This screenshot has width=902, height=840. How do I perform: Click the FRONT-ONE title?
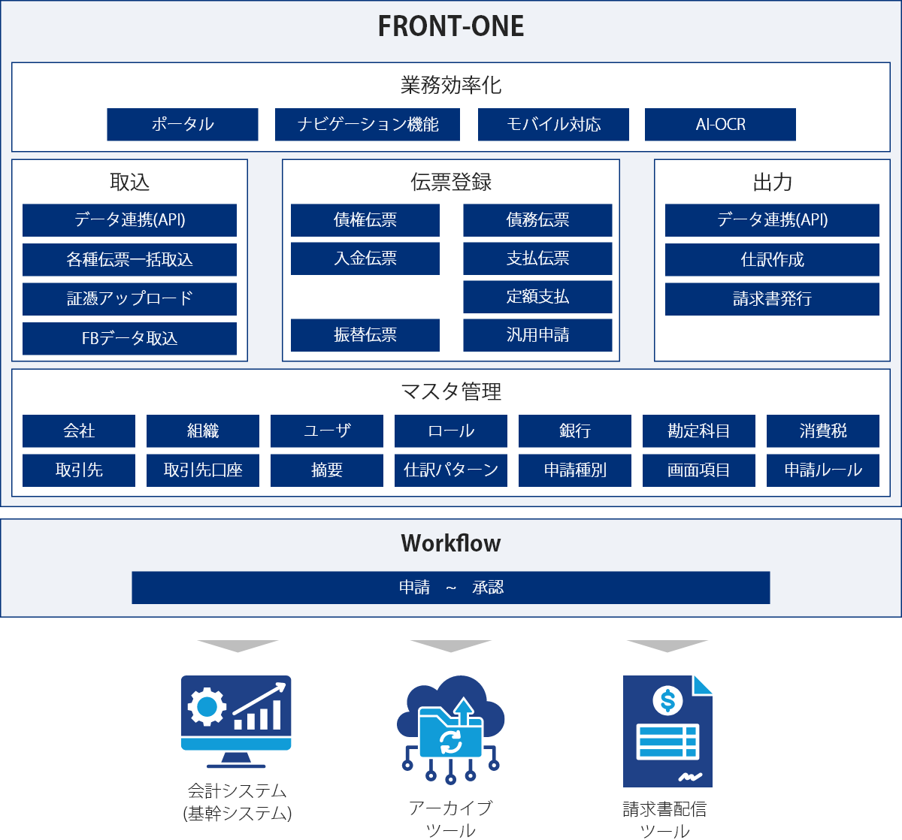450,26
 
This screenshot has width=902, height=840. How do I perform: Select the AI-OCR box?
720,125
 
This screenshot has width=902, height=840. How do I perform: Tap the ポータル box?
183,125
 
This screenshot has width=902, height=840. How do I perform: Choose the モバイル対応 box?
553,125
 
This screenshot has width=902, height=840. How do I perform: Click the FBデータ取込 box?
129,338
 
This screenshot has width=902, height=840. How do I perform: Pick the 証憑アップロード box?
129,299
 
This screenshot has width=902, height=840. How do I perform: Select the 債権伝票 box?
365,220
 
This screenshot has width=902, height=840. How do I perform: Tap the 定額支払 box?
537,297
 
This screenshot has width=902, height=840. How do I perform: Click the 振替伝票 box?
365,335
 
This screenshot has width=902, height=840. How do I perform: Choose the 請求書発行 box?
772,299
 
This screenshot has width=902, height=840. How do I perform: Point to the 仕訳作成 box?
772,260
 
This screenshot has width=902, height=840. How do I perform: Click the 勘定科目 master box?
698,431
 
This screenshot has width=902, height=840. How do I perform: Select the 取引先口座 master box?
202,470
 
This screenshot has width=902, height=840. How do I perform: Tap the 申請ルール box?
823,470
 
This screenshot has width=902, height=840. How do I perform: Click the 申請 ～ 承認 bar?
450,588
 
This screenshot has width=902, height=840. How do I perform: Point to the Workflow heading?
450,543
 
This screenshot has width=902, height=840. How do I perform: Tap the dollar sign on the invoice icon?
667,699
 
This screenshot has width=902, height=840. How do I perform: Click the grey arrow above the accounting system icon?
238,645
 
